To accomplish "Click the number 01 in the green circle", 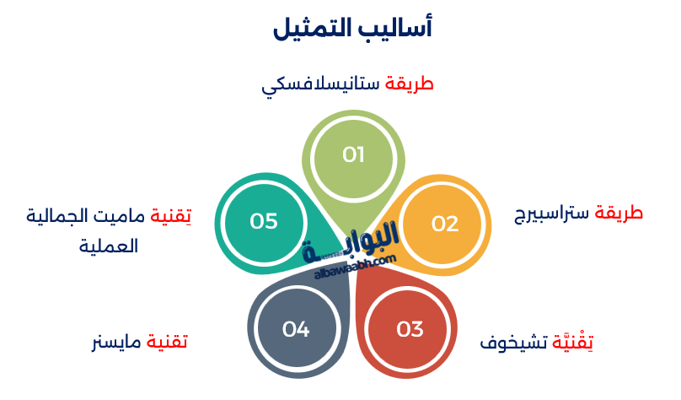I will point(353,154).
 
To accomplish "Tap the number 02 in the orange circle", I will point(445,224).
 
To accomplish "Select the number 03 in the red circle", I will point(410,328).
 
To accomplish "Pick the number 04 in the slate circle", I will point(296,329).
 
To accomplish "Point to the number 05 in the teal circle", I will point(264,221).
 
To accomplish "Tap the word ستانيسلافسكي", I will point(320,86).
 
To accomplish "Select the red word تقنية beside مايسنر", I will point(167,343).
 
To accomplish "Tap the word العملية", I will point(109,247).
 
